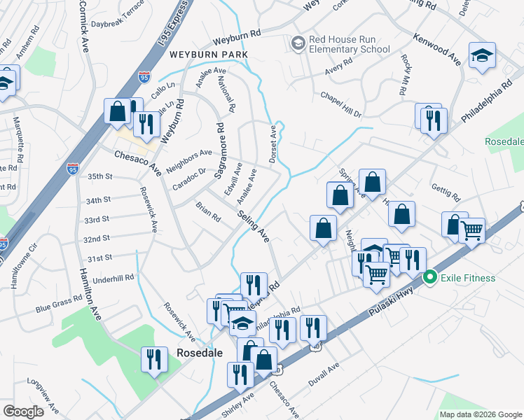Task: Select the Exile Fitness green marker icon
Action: click(x=431, y=278)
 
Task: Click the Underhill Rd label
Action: click(x=113, y=278)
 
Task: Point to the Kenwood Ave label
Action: click(x=436, y=49)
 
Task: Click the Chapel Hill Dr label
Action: click(x=340, y=104)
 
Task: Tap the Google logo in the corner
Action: click(x=22, y=411)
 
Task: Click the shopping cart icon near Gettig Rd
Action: click(x=472, y=230)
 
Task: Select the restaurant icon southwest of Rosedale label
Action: click(x=153, y=360)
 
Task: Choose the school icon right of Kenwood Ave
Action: click(x=482, y=57)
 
